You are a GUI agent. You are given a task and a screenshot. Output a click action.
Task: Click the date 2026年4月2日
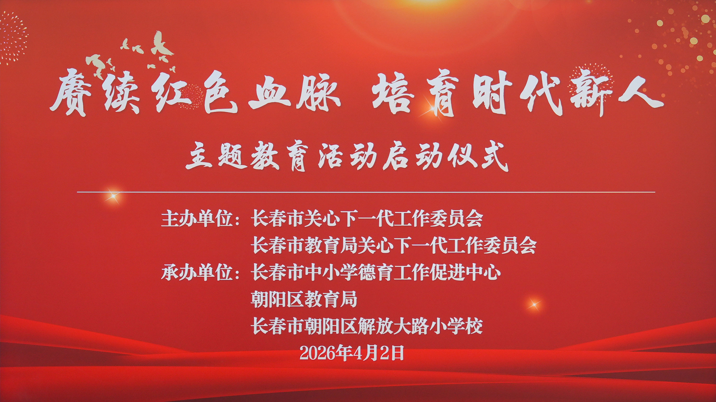[352, 353]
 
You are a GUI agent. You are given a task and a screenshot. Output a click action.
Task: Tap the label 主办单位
[197, 219]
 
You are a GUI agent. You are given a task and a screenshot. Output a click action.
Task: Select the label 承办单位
[197, 272]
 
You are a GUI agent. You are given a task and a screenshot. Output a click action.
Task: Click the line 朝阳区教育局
[304, 299]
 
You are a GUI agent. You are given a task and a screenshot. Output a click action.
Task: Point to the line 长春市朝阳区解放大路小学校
[367, 326]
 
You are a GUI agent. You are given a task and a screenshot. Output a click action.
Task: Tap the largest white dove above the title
[161, 45]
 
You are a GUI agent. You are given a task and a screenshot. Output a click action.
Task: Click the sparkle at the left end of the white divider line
[113, 196]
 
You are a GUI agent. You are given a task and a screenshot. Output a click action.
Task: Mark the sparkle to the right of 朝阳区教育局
[533, 305]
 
